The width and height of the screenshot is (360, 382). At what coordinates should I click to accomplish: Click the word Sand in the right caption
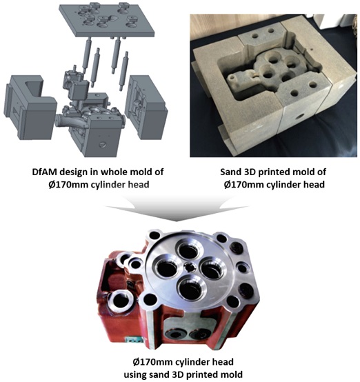pos(231,172)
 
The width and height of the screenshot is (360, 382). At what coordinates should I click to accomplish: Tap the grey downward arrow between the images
pos(177,208)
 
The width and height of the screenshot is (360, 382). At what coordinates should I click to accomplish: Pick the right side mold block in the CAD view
pos(146,106)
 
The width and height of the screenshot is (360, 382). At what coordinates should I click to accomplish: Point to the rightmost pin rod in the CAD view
pos(124,71)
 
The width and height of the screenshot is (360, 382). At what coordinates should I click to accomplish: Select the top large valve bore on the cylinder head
pos(189,250)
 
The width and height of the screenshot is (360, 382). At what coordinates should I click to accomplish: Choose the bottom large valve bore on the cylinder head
pos(190,288)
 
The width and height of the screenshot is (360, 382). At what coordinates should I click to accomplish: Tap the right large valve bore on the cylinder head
pos(212,268)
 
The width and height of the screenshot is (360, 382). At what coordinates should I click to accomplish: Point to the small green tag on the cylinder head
pos(133,340)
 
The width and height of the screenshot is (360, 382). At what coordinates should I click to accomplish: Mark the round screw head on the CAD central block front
pos(103,145)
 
